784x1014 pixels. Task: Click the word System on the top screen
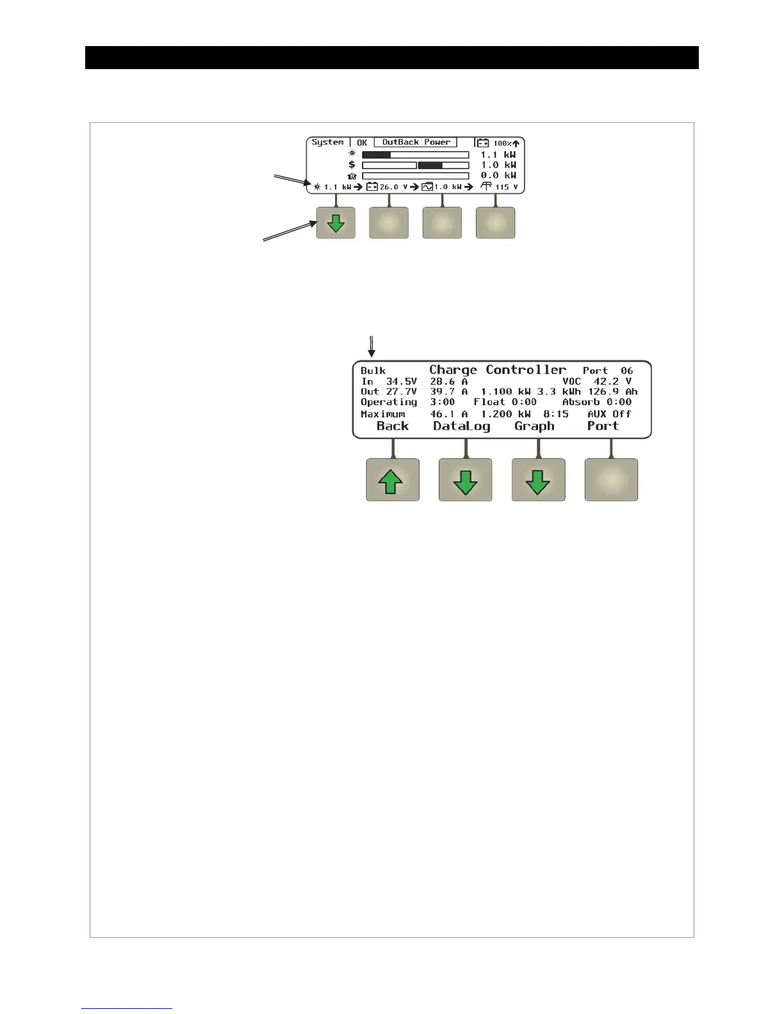click(x=327, y=142)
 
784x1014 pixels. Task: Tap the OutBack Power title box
click(x=416, y=142)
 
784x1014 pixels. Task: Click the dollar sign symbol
click(x=352, y=165)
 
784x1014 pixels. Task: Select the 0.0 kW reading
click(x=498, y=175)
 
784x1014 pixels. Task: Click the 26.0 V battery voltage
click(x=393, y=187)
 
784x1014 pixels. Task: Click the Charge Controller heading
click(x=498, y=370)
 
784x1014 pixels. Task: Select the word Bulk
click(x=373, y=371)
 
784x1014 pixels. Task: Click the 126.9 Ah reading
click(x=613, y=392)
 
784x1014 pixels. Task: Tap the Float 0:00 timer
click(x=505, y=402)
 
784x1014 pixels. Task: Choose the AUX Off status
click(x=609, y=414)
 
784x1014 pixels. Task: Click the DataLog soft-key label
click(x=462, y=426)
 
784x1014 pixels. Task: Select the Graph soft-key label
click(x=534, y=426)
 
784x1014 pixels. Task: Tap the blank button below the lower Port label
click(x=611, y=479)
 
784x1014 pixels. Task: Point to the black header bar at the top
click(x=391, y=58)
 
